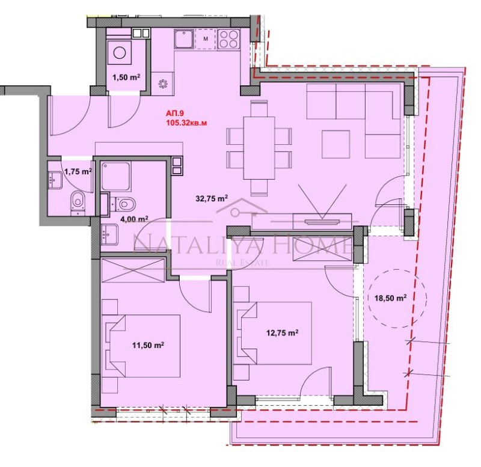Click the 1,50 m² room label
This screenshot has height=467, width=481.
click(126, 78)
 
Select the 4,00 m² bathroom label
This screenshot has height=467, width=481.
click(133, 219)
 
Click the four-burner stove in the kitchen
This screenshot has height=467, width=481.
click(228, 40)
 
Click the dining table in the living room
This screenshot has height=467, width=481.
click(259, 147)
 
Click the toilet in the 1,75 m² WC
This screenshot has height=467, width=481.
click(77, 200)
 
